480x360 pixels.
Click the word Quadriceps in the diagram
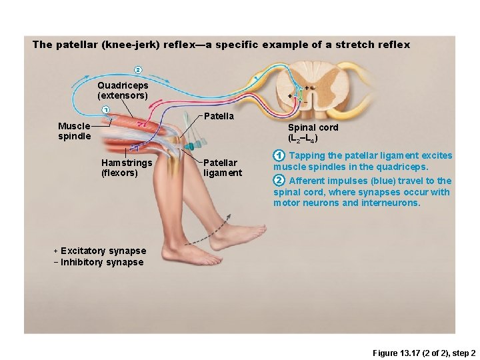(x=123, y=85)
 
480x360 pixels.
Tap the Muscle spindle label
(x=74, y=131)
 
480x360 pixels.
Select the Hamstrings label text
(x=127, y=163)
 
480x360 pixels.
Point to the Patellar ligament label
(x=223, y=167)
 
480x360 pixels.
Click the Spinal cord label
(x=312, y=127)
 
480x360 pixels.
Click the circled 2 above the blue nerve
(x=138, y=70)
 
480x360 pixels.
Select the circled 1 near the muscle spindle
(x=105, y=110)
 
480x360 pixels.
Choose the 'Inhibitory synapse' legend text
(x=102, y=263)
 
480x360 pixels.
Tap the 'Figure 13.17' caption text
(x=398, y=351)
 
